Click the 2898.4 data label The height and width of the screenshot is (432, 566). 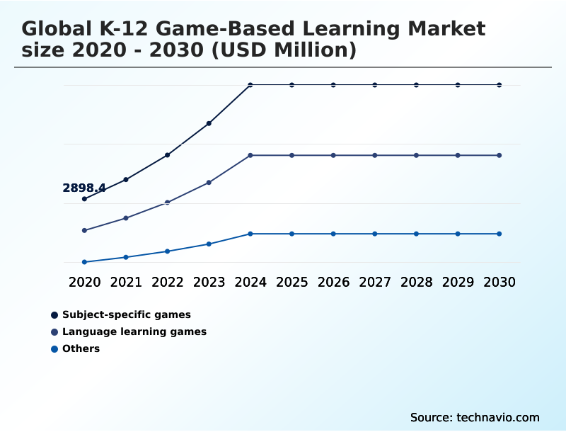point(84,188)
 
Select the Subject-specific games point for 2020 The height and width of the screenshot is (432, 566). point(84,199)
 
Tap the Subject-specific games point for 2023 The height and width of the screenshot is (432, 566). point(209,123)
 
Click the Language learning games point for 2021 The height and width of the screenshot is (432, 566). point(126,218)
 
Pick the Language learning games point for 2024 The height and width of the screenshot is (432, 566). point(250,155)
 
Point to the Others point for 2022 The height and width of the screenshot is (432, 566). point(168,251)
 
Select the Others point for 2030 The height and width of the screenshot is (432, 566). point(499,234)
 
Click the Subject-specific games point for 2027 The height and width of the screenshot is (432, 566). point(375,85)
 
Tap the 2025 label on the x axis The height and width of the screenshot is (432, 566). point(291,282)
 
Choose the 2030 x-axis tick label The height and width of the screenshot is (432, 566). point(499,282)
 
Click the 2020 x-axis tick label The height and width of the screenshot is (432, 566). point(84,282)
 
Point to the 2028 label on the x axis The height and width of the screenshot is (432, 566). point(416,282)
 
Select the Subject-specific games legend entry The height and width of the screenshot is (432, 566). point(126,314)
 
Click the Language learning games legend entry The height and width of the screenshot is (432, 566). point(134,331)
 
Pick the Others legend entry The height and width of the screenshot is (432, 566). point(81,348)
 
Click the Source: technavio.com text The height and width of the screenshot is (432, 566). point(475,417)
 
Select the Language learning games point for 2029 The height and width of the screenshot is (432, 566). point(458,155)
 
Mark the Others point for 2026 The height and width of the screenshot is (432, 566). point(333,234)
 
